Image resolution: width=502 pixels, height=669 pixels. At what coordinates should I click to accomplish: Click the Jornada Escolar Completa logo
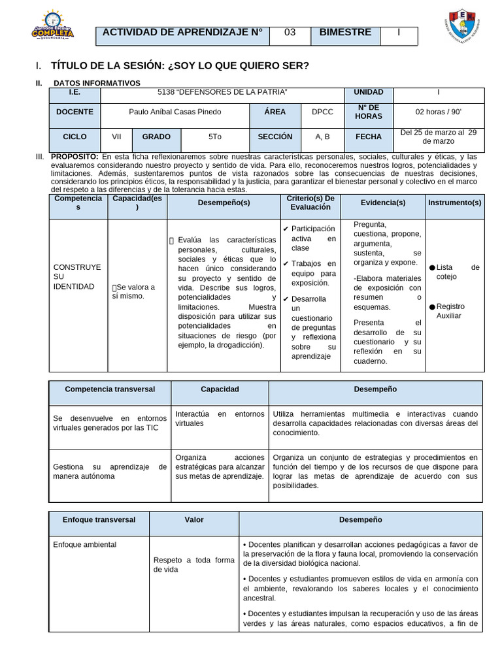pos(53,26)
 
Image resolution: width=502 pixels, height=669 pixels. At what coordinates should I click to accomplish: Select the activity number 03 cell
pos(290,33)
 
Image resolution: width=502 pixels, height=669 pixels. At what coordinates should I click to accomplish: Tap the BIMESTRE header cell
pos(345,33)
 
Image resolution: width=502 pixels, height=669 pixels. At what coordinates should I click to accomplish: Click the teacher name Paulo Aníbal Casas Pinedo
pos(175,112)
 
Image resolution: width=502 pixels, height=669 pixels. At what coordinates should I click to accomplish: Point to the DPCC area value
pos(322,112)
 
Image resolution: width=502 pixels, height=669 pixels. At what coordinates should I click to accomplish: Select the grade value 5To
pos(215,137)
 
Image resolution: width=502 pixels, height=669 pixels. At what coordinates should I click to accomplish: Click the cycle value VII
pos(116,137)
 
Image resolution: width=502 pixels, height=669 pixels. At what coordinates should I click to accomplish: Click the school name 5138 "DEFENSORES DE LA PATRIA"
pos(223,92)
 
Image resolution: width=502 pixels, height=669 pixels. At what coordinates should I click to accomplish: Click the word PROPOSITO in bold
pos(75,157)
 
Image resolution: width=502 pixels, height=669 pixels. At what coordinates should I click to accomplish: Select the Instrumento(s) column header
pos(454,203)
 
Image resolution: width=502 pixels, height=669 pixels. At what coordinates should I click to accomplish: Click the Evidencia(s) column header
pos(383,203)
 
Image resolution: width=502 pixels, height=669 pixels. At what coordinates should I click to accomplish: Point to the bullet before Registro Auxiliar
pos(432,307)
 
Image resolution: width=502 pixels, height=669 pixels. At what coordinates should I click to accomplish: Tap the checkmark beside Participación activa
pos(286,229)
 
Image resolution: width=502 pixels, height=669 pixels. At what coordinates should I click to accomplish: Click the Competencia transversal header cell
pos(110,389)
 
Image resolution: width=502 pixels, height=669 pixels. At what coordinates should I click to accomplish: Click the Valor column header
pos(194,520)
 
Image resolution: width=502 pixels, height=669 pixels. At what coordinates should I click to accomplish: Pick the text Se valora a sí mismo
pos(135,291)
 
